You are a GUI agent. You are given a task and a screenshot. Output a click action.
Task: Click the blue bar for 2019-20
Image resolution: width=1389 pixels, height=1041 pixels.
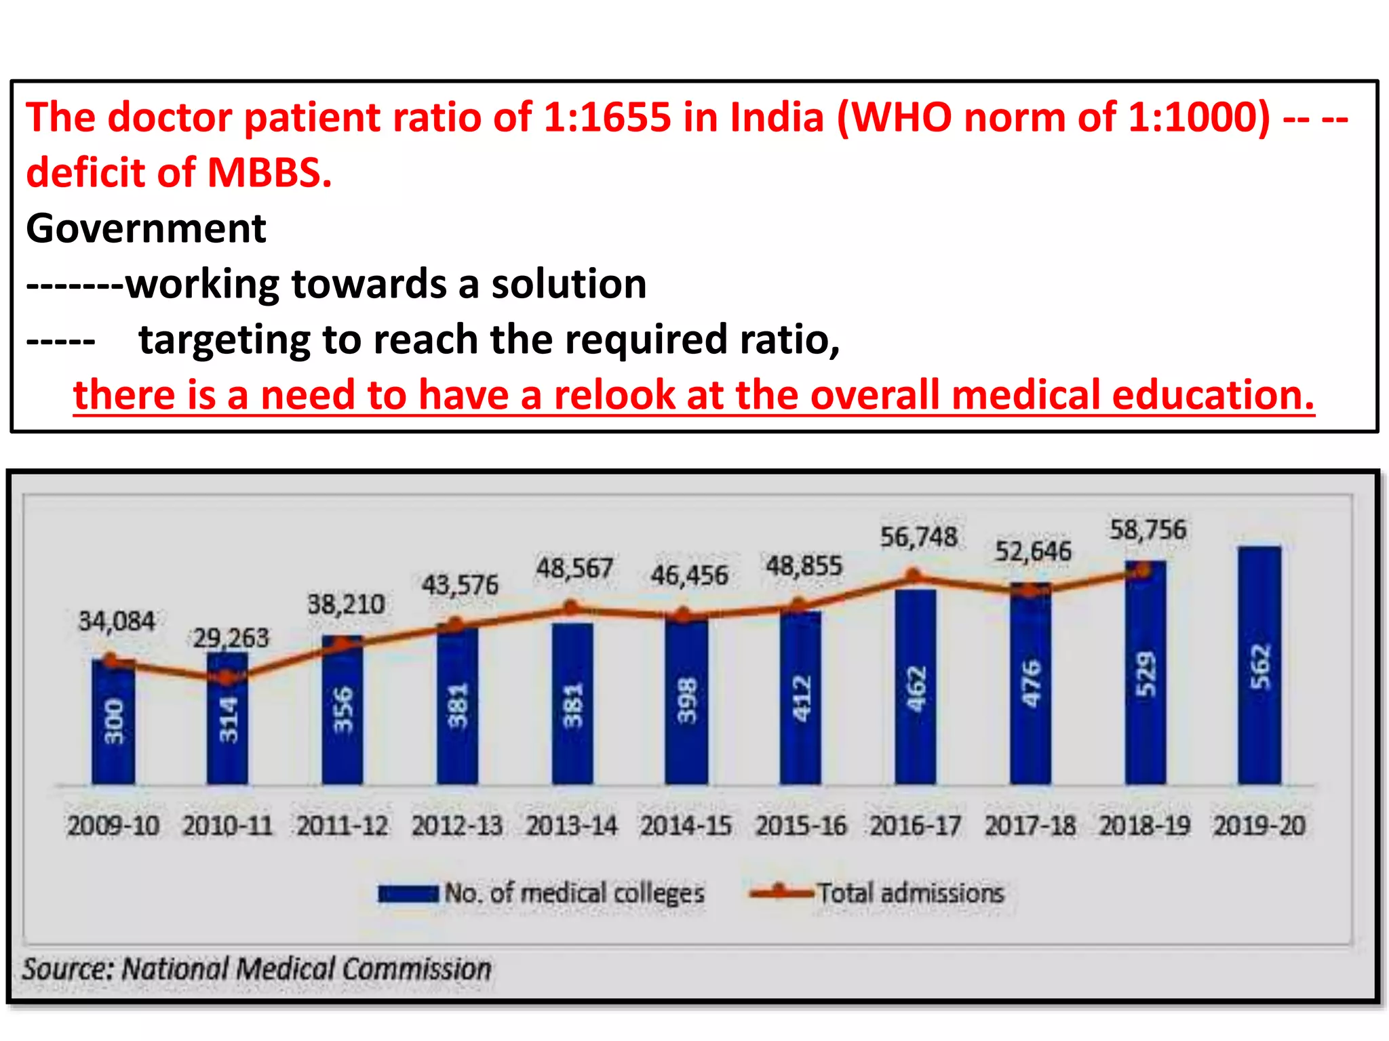(1259, 664)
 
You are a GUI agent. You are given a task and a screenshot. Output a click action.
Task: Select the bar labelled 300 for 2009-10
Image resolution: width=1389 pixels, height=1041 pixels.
(113, 722)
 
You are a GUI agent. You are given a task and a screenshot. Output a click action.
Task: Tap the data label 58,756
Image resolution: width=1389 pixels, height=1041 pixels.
(1148, 530)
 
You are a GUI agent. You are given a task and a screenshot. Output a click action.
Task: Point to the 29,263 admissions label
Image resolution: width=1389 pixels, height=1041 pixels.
(231, 638)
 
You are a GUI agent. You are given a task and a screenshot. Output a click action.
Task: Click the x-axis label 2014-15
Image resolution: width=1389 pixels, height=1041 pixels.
(686, 825)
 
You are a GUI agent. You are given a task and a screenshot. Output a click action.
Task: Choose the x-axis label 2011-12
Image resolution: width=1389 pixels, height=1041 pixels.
(342, 825)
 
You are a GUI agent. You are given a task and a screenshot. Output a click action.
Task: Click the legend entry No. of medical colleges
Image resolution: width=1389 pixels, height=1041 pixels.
(574, 893)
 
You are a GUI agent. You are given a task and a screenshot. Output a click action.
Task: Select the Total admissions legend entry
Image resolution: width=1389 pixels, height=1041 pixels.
(909, 893)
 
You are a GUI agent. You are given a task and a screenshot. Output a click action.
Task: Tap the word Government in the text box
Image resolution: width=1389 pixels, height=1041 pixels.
(146, 228)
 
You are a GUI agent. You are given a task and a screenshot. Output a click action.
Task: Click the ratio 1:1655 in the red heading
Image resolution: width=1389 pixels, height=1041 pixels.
(607, 117)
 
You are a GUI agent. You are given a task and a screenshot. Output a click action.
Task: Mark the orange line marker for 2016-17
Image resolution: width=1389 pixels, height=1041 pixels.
(914, 577)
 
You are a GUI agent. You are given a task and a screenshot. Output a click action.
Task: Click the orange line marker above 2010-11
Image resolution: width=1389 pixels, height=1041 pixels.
(227, 676)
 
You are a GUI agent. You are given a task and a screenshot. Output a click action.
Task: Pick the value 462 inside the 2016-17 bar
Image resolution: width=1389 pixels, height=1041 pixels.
(916, 689)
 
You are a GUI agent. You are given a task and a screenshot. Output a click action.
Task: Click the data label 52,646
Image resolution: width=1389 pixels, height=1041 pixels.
(1032, 552)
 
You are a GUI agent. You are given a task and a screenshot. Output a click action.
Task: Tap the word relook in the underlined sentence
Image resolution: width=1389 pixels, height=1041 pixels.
(614, 395)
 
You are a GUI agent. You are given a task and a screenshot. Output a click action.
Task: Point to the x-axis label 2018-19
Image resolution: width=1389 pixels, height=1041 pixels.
(1144, 825)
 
